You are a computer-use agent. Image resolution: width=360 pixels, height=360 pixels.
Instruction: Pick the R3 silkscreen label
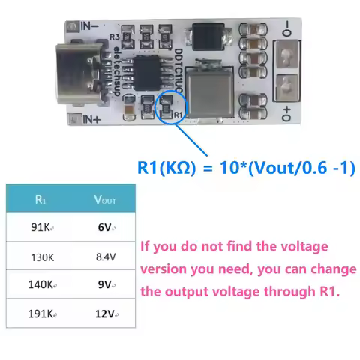point(114,36)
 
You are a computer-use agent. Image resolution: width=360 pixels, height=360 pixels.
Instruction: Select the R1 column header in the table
point(40,200)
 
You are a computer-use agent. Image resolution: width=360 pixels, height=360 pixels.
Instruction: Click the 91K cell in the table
point(40,228)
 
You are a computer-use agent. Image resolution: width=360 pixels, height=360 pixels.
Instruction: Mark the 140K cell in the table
point(40,285)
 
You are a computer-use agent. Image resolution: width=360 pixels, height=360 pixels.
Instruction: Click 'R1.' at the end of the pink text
point(326,292)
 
